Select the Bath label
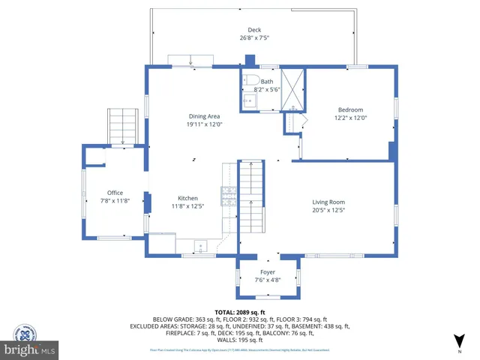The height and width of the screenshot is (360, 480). click(x=267, y=82)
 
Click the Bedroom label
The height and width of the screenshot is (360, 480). click(x=349, y=109)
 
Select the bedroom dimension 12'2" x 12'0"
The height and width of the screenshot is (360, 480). click(x=349, y=117)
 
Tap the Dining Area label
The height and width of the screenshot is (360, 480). click(x=203, y=116)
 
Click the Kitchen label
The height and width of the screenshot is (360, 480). click(x=187, y=198)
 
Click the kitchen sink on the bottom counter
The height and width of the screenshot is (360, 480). click(x=201, y=245)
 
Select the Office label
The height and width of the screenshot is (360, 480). click(x=115, y=193)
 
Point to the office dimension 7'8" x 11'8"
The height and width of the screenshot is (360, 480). click(x=115, y=200)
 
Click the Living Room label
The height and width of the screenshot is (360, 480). click(x=328, y=202)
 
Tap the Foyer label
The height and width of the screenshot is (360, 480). click(x=268, y=272)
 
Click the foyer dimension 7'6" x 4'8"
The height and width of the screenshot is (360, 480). click(x=268, y=280)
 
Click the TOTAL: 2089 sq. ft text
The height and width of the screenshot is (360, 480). click(x=240, y=311)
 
